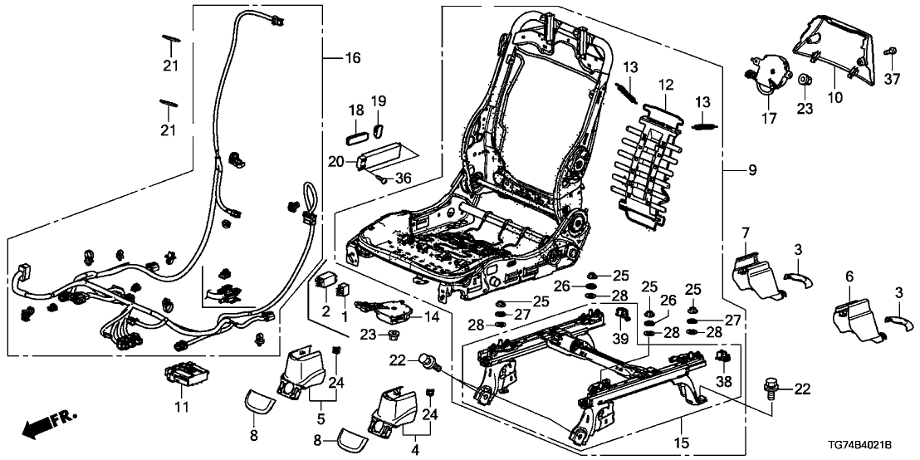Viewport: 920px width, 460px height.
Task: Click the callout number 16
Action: [353, 57]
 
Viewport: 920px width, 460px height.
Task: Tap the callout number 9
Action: [752, 171]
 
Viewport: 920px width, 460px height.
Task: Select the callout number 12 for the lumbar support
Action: [664, 85]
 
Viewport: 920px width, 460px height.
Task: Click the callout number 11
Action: [182, 407]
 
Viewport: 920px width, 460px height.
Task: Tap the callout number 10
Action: [835, 97]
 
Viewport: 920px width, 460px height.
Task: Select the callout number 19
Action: [379, 101]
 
